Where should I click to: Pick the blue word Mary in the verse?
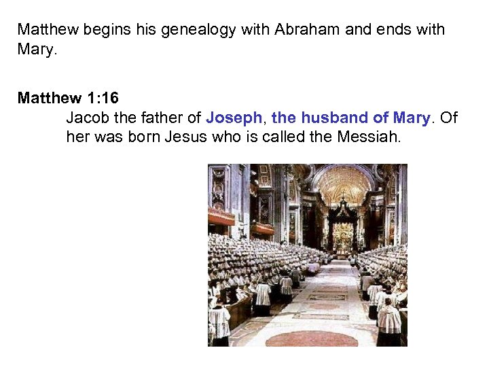coord(411,118)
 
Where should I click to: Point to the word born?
coord(143,137)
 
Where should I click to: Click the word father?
coord(160,118)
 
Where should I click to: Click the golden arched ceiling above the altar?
coord(343,183)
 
